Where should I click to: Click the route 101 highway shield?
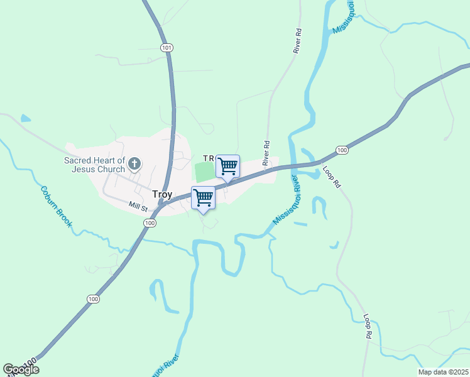[166, 47]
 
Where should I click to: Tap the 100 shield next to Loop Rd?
[342, 150]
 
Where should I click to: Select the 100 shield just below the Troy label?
[149, 223]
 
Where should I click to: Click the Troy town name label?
[162, 195]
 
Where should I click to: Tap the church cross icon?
[134, 165]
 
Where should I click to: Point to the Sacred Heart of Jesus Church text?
[95, 165]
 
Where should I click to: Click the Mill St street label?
[138, 205]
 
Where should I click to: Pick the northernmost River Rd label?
[297, 41]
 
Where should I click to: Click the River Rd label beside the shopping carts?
[266, 153]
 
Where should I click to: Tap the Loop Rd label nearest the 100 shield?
[331, 177]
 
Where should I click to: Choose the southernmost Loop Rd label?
[366, 327]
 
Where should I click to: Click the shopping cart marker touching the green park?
[227, 167]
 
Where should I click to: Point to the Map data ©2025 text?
[443, 372]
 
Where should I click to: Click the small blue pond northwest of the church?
[25, 117]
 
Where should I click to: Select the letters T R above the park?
[209, 158]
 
